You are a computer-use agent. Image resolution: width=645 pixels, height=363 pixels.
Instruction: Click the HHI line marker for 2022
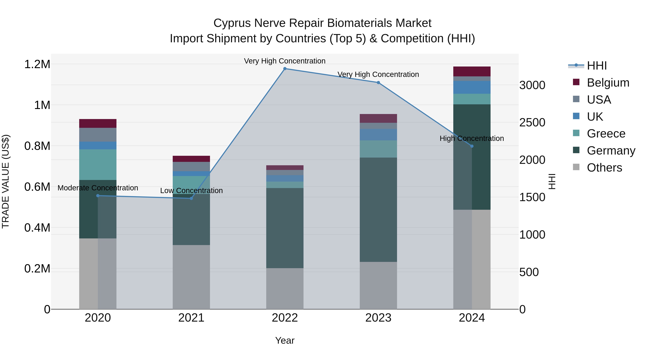click(285, 69)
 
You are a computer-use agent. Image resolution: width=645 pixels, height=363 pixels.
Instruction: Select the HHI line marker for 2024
click(472, 146)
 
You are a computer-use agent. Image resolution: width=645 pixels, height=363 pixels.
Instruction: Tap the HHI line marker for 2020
click(98, 196)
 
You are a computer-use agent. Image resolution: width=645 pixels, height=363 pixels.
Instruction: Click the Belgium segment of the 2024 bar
click(472, 71)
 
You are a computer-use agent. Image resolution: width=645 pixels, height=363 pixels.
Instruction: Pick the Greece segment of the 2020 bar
click(98, 165)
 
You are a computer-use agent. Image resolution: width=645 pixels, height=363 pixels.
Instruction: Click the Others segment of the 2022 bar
click(285, 289)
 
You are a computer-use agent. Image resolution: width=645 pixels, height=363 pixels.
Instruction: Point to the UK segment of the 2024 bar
click(472, 87)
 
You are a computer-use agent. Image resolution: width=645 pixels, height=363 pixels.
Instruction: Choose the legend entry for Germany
click(611, 151)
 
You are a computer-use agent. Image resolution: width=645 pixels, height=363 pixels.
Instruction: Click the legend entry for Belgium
click(608, 83)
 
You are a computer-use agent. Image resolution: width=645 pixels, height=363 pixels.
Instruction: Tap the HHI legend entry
click(597, 66)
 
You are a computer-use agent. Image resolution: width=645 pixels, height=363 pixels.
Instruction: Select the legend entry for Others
click(604, 168)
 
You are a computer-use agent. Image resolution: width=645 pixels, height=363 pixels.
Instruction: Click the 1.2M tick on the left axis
click(37, 64)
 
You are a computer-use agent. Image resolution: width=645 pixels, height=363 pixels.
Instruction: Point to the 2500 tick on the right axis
click(532, 122)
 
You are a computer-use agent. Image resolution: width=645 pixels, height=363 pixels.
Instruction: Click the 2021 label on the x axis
click(191, 318)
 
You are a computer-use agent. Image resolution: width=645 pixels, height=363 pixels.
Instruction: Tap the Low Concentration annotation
click(191, 191)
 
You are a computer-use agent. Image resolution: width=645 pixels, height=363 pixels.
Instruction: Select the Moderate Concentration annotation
click(98, 188)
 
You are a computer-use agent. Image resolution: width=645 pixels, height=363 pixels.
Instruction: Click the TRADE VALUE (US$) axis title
click(6, 181)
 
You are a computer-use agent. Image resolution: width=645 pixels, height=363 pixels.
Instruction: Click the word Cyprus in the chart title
click(232, 23)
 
